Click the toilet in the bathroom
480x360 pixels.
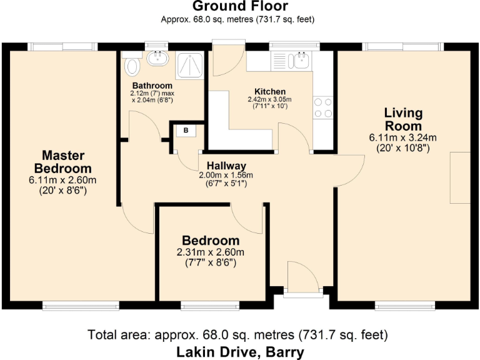132,64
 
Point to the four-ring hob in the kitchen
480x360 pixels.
322,107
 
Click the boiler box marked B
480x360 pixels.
186,131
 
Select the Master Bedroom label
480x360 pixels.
62,162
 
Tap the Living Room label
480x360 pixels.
403,119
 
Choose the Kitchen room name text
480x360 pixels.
270,91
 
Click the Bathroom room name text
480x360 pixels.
152,86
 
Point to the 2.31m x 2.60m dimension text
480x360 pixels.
210,252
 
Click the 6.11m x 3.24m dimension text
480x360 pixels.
403,138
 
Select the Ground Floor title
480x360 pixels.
240,7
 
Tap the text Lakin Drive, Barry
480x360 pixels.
240,351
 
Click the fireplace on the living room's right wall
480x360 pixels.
459,177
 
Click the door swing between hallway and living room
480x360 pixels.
350,167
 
